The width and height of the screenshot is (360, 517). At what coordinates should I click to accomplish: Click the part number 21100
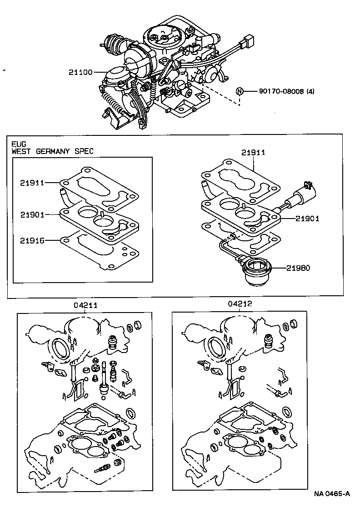click(80, 72)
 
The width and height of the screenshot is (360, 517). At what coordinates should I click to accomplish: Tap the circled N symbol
click(239, 91)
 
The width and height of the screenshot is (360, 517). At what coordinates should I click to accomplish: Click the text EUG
click(17, 144)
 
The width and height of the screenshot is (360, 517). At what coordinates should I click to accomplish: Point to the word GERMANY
click(53, 151)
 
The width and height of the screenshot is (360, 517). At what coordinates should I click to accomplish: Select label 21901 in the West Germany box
click(32, 214)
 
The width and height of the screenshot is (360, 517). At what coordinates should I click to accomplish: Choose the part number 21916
click(32, 240)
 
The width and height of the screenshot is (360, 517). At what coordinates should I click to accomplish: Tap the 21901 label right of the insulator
click(307, 219)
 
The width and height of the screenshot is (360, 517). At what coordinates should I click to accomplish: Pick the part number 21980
click(298, 268)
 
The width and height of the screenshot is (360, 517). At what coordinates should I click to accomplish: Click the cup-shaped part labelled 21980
click(257, 272)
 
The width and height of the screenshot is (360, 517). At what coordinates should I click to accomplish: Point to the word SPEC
click(84, 151)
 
